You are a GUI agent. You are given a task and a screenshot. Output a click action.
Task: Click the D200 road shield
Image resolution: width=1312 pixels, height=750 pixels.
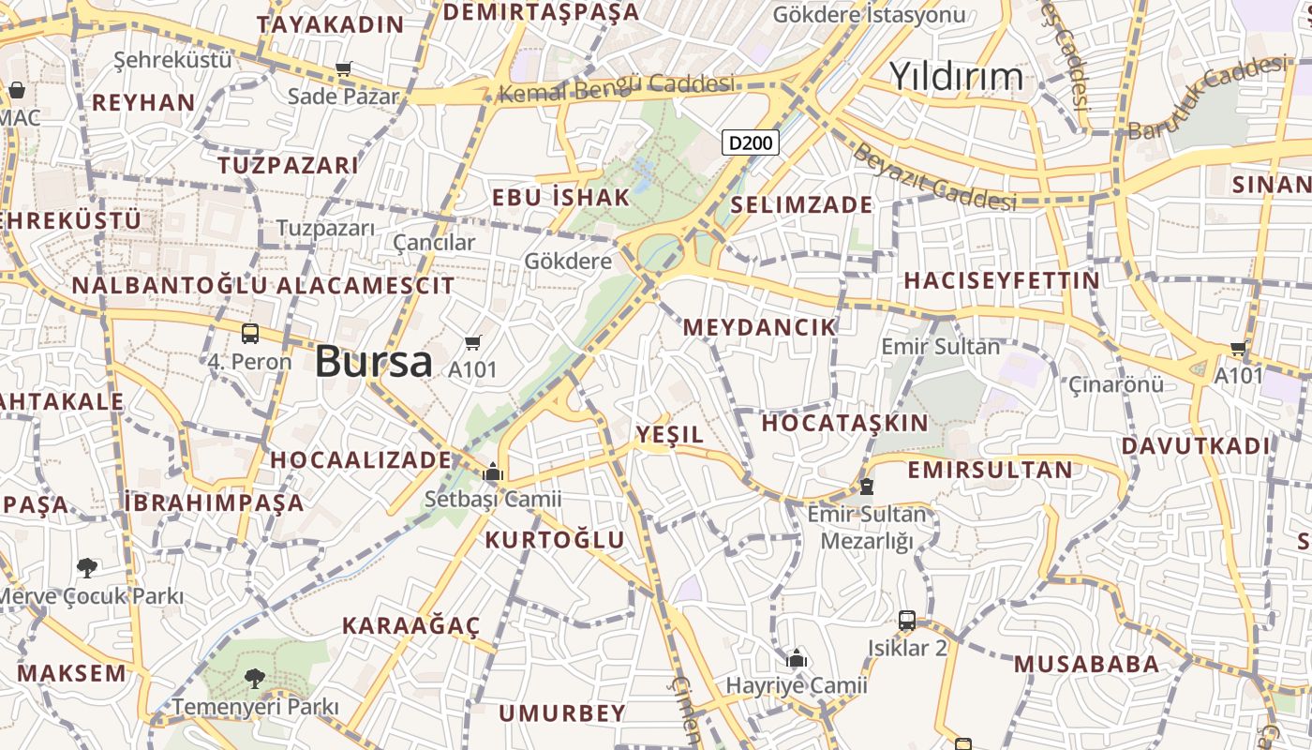click(x=752, y=143)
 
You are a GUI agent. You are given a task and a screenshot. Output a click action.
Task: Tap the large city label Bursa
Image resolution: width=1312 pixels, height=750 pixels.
click(x=374, y=362)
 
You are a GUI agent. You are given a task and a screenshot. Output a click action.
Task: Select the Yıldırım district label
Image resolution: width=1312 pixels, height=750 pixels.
click(x=956, y=76)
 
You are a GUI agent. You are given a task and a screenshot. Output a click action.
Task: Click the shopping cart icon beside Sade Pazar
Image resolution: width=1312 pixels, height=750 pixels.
click(x=344, y=68)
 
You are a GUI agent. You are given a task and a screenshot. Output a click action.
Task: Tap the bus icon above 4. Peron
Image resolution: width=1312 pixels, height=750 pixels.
click(x=250, y=333)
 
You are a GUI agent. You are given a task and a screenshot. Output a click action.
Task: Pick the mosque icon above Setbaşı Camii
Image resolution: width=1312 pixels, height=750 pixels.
click(x=493, y=472)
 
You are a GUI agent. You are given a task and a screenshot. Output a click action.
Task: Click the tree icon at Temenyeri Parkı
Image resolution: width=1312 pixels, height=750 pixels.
click(x=254, y=678)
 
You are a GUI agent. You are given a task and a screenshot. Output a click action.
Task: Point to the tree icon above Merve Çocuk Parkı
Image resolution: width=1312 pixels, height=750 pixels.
click(x=87, y=567)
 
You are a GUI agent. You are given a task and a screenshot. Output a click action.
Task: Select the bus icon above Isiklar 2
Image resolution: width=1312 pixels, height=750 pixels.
click(x=907, y=620)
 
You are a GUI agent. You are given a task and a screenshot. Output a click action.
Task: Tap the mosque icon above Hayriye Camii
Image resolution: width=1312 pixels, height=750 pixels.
click(x=797, y=658)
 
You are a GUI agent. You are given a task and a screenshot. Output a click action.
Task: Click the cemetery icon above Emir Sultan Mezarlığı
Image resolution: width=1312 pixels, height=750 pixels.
click(x=867, y=487)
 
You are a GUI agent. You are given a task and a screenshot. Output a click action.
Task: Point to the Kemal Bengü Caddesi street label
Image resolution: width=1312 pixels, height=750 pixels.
click(x=616, y=88)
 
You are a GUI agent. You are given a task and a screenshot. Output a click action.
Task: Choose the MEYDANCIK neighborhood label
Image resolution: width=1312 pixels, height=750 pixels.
click(x=759, y=327)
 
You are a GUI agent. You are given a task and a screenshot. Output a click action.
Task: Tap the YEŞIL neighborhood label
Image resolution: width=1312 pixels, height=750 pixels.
click(x=669, y=434)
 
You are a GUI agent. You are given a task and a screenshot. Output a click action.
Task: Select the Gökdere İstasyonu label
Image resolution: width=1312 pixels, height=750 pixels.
click(x=869, y=14)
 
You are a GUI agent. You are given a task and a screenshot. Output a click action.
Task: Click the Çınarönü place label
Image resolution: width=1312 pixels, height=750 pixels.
click(x=1116, y=384)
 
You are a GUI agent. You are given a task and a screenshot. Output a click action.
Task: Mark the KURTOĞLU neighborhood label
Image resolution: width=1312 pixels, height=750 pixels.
click(x=554, y=539)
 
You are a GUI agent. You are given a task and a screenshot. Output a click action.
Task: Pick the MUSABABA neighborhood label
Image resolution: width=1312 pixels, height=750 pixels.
click(x=1086, y=665)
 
